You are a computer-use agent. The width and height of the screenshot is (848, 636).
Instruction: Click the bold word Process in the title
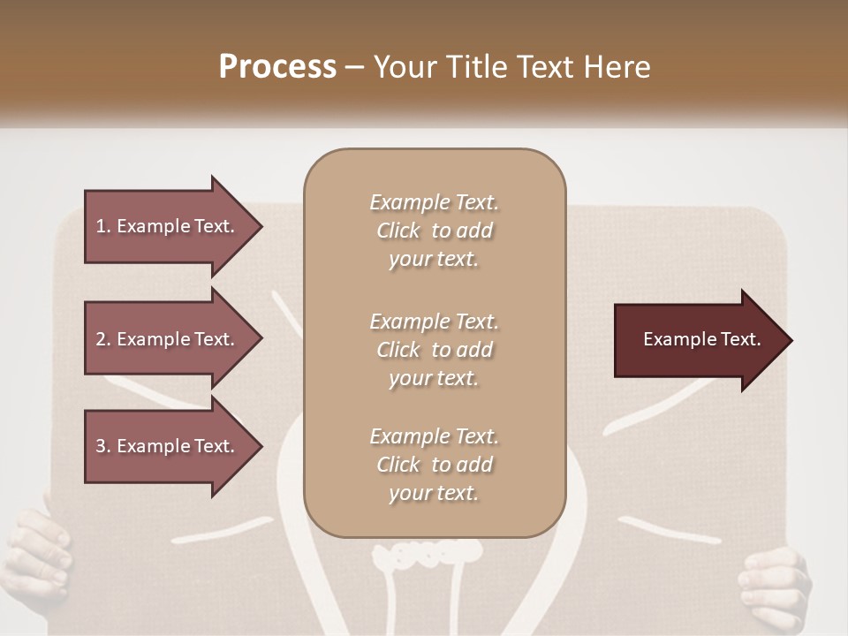pos(277,67)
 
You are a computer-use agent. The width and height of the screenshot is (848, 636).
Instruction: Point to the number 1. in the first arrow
pos(103,226)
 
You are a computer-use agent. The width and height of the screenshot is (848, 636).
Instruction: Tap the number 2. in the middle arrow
pos(103,339)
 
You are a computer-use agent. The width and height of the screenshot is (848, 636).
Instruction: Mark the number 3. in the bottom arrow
pos(103,446)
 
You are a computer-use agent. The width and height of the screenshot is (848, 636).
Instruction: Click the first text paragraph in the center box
pos(434,231)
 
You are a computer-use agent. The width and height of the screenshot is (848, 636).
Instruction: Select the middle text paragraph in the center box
pos(434,350)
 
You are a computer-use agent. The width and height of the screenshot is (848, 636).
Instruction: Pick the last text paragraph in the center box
pos(434,465)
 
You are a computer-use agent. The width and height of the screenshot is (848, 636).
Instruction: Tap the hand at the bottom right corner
pos(777,587)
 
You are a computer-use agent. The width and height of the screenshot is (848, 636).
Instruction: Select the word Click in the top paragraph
pos(398,231)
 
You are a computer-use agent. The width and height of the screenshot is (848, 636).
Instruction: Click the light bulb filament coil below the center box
pos(427,554)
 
